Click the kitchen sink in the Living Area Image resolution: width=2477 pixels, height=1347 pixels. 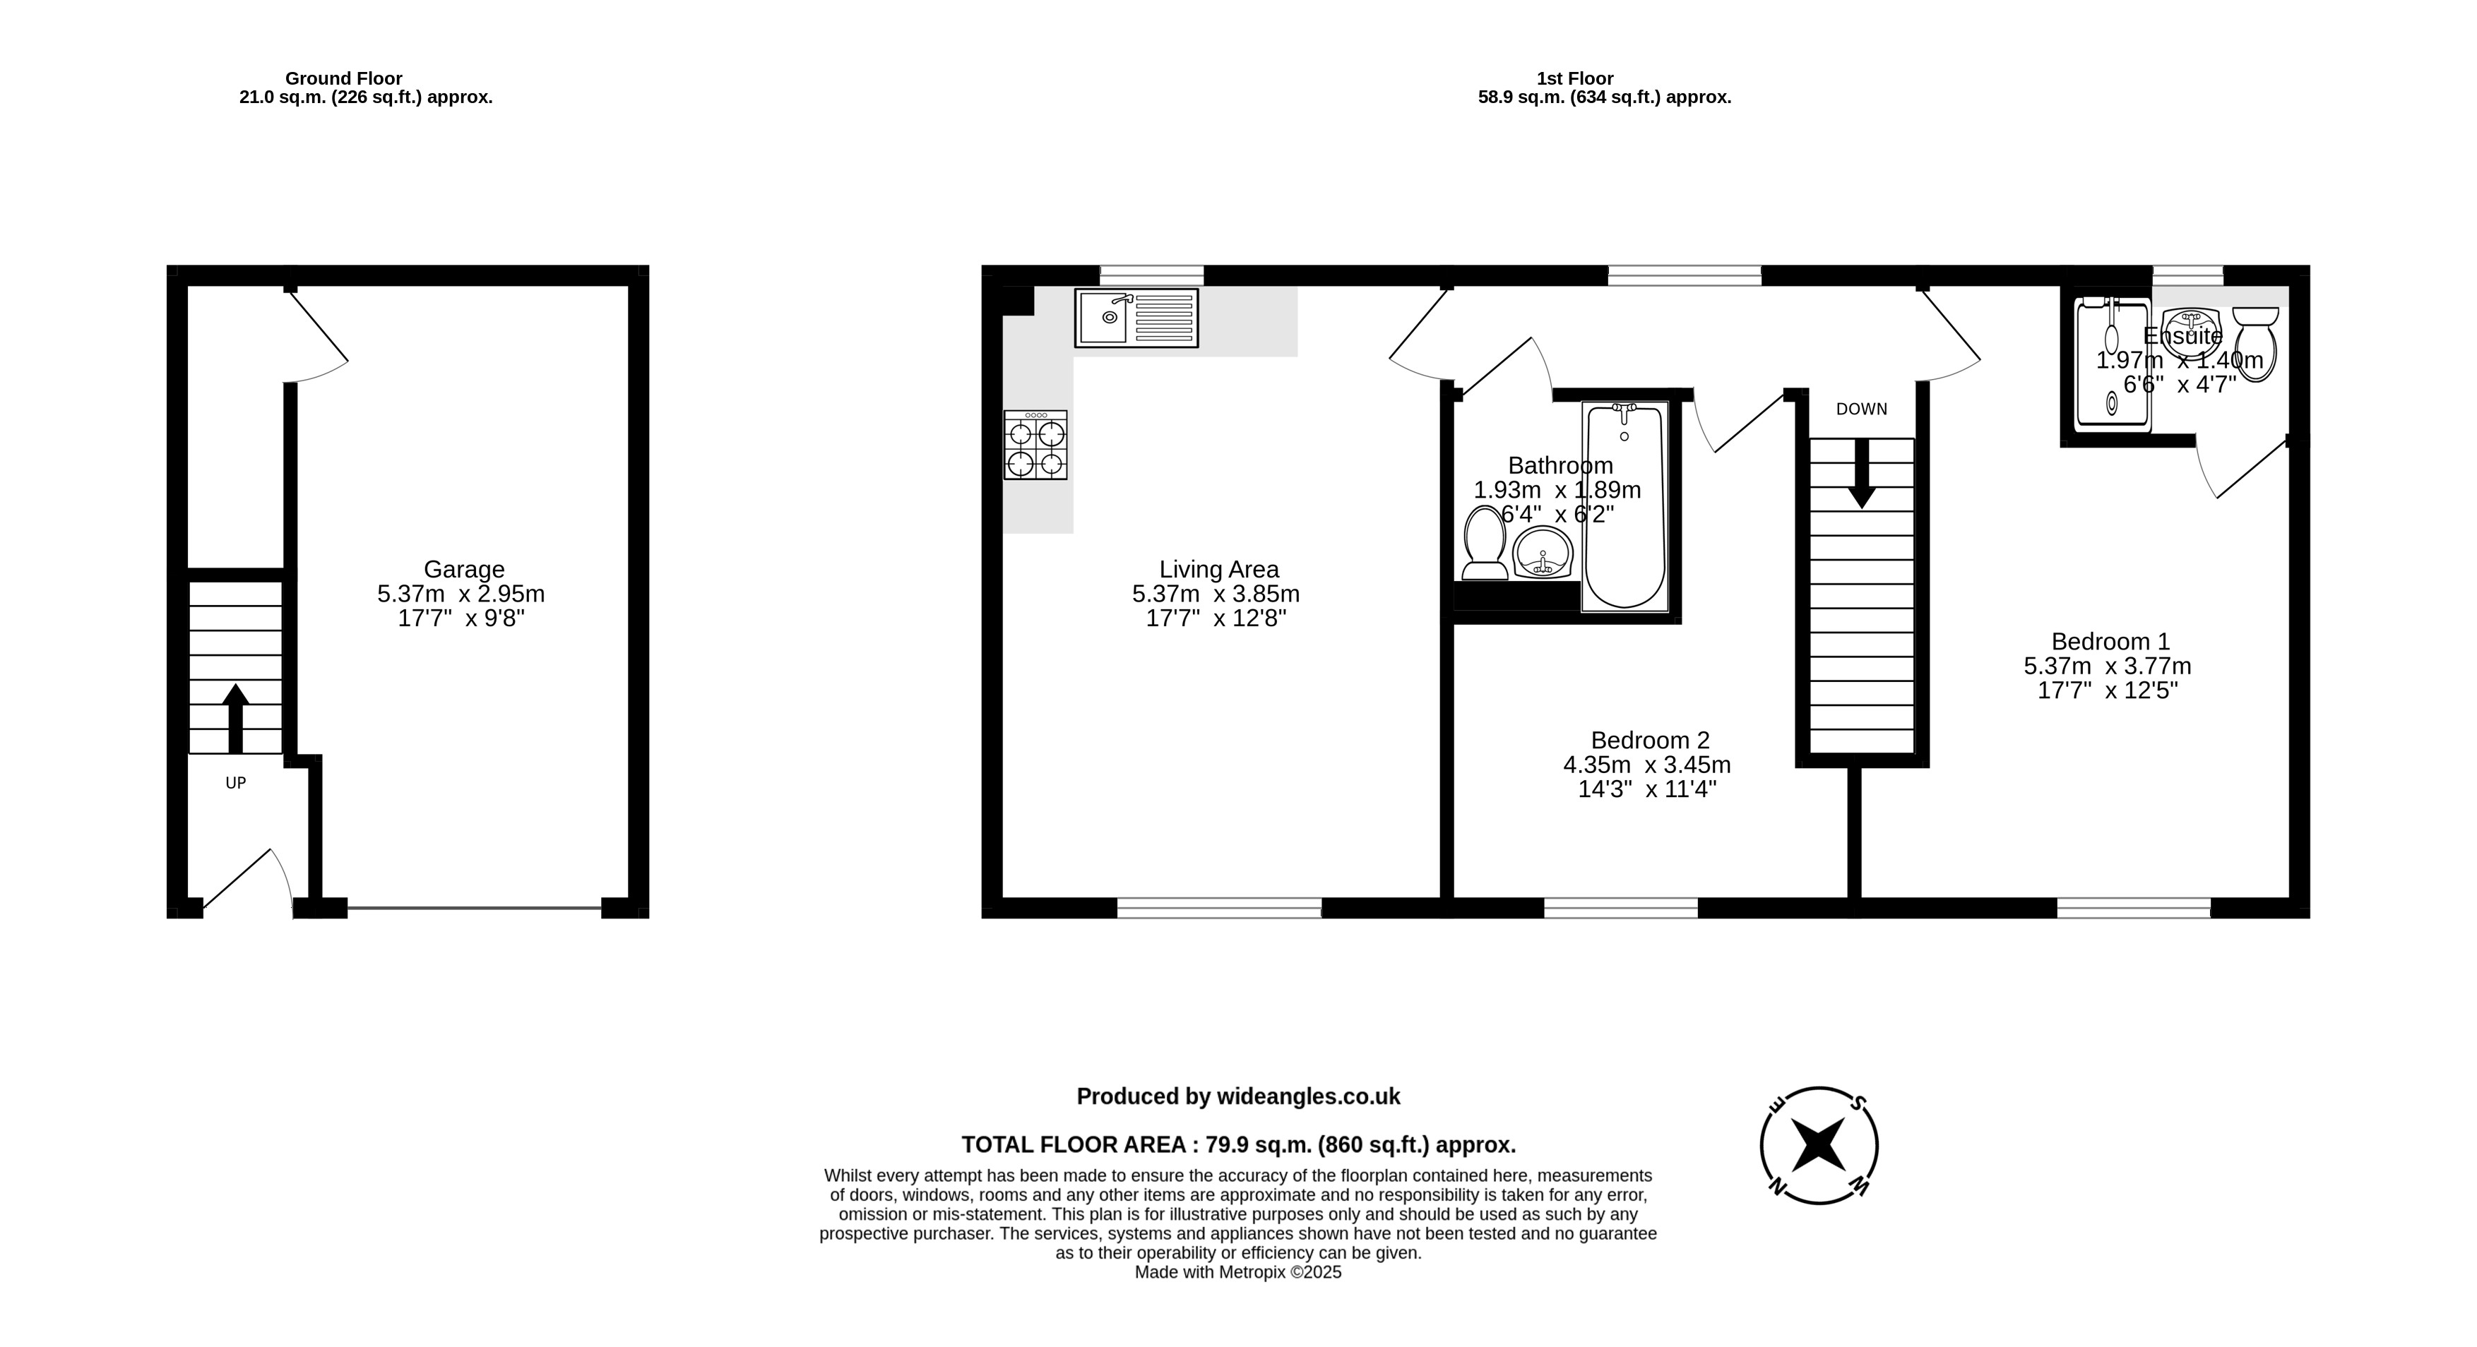(1136, 317)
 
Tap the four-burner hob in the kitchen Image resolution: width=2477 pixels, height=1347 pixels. (1035, 445)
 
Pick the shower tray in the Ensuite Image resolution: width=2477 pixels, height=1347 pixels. (2113, 364)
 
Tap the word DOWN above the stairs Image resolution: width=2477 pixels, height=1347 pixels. (1862, 409)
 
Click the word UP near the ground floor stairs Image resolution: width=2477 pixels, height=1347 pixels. (236, 783)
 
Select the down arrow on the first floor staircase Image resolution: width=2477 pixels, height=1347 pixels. (1862, 474)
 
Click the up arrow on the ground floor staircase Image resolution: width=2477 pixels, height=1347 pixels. (236, 718)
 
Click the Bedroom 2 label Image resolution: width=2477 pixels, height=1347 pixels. (1650, 741)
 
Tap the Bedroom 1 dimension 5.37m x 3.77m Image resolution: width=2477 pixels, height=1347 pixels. (2108, 665)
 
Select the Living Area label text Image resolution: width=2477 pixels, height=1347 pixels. (1218, 569)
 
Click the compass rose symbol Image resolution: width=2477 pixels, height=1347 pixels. (1819, 1145)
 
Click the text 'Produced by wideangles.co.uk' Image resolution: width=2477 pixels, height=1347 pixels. (1239, 1096)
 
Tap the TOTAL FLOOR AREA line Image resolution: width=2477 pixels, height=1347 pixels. (1239, 1145)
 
